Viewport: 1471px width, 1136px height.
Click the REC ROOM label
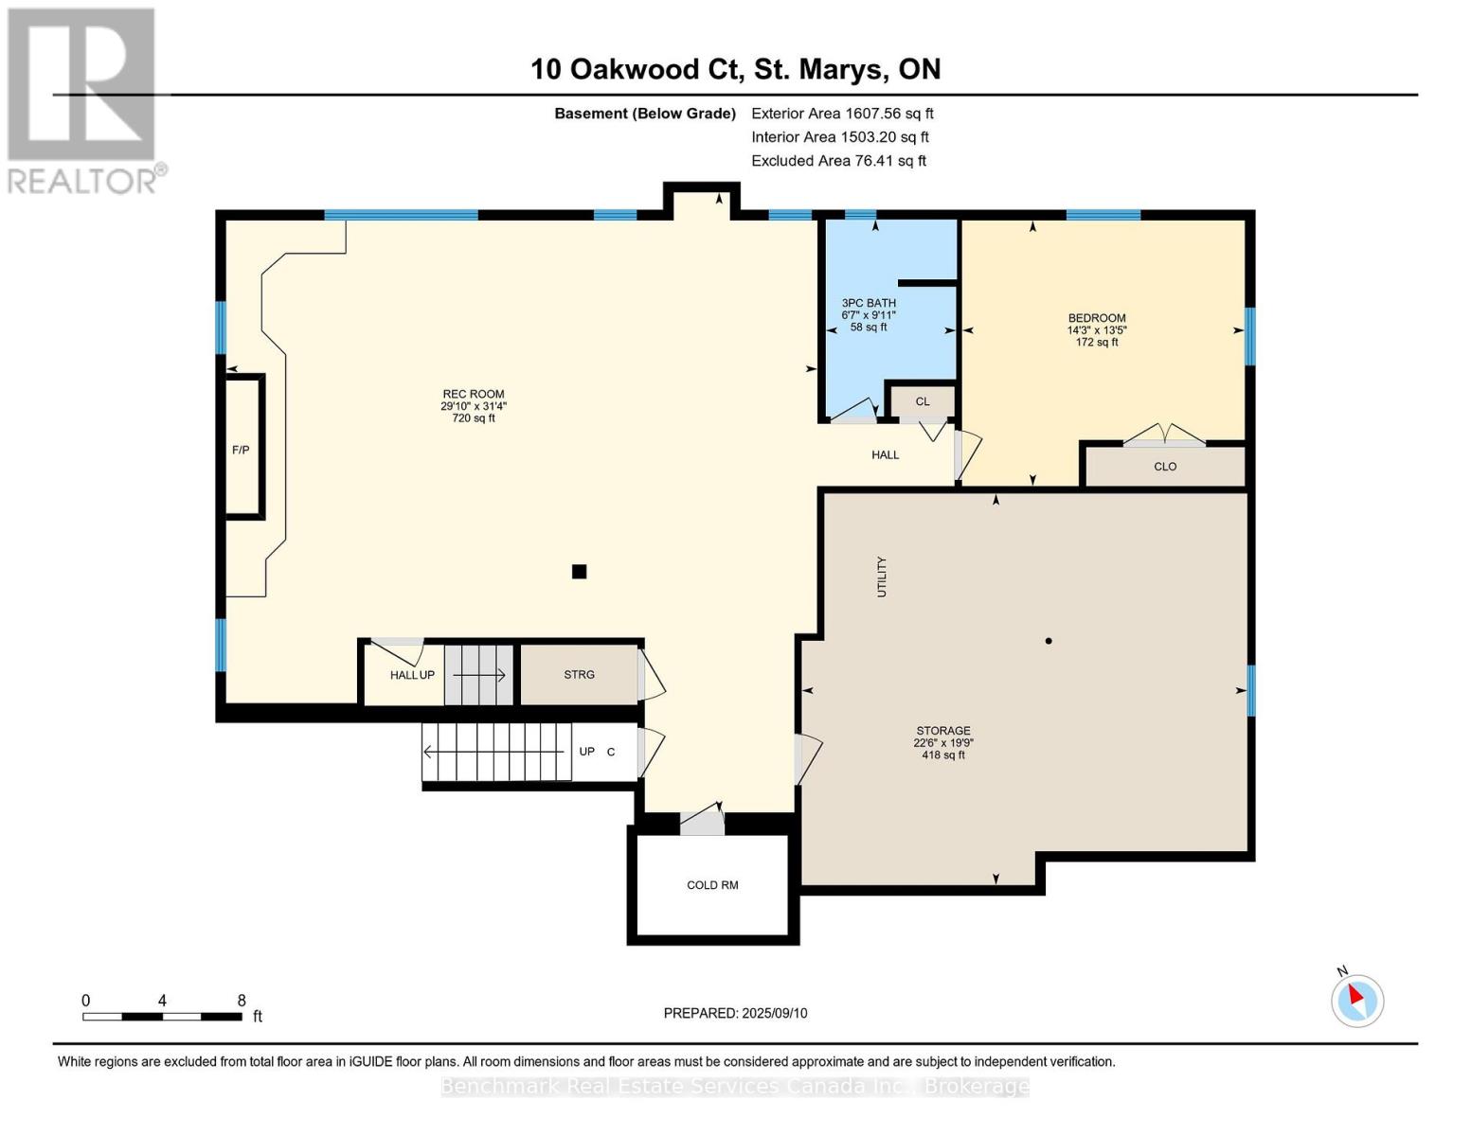click(474, 394)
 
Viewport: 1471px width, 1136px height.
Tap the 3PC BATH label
click(869, 303)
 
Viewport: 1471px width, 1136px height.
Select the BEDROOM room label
click(1097, 318)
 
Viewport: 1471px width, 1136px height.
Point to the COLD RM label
click(712, 885)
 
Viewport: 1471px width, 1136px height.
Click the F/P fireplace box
click(241, 447)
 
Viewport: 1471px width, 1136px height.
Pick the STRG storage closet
click(579, 675)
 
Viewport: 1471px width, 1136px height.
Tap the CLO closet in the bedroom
click(1165, 467)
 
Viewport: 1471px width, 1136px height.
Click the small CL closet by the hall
click(922, 401)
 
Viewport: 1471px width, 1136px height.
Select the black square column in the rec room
click(579, 572)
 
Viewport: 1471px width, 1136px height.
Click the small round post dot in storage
click(1048, 641)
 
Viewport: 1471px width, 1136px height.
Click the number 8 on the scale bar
click(242, 1000)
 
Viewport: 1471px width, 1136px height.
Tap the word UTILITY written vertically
click(882, 577)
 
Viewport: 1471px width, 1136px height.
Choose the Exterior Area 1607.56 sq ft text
click(842, 114)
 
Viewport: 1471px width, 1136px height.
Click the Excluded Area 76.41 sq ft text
click(838, 161)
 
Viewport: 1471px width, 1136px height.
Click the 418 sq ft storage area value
click(943, 755)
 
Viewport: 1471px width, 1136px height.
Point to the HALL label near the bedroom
click(885, 455)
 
